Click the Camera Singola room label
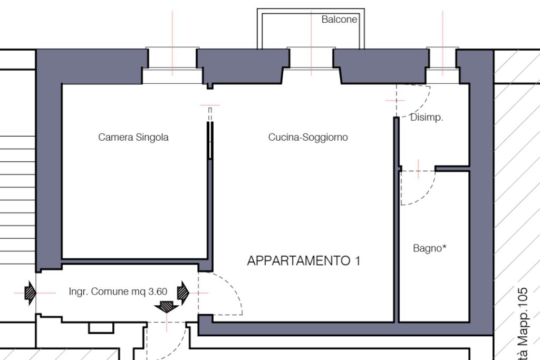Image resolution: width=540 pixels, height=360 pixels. pos(133,138)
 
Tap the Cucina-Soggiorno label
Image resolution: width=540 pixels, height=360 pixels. pos(308,138)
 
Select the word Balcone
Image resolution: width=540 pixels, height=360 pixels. pos(339,20)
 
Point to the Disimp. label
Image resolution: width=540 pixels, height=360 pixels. pos(427,118)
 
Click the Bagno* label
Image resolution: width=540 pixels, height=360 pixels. pos(430,248)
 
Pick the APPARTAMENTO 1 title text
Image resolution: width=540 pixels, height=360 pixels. pos(304,260)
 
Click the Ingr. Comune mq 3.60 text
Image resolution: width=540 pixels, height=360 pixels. pos(118,291)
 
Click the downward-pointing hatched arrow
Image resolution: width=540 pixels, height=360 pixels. pos(168,305)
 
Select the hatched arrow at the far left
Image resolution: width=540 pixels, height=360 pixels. pos(30,292)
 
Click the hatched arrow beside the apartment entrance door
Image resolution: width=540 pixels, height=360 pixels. pos(183,291)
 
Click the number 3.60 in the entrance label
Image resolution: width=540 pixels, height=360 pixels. pos(157,291)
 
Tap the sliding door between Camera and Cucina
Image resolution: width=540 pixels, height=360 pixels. pos(210,140)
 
